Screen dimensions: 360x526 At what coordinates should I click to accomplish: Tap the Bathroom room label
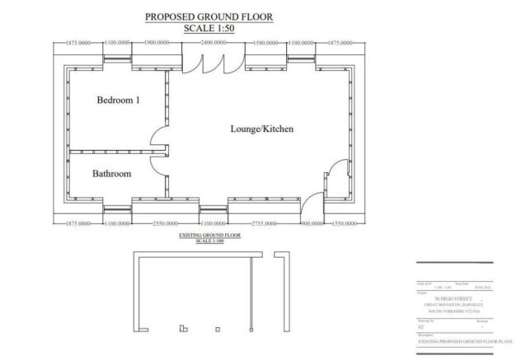(x=112, y=174)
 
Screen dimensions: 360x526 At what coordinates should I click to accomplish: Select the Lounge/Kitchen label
(x=261, y=129)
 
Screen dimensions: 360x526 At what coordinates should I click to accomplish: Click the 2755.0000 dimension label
(x=264, y=223)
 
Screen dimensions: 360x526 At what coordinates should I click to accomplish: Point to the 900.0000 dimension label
(x=312, y=223)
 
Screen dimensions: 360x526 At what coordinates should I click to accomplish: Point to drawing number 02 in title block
(x=420, y=325)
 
